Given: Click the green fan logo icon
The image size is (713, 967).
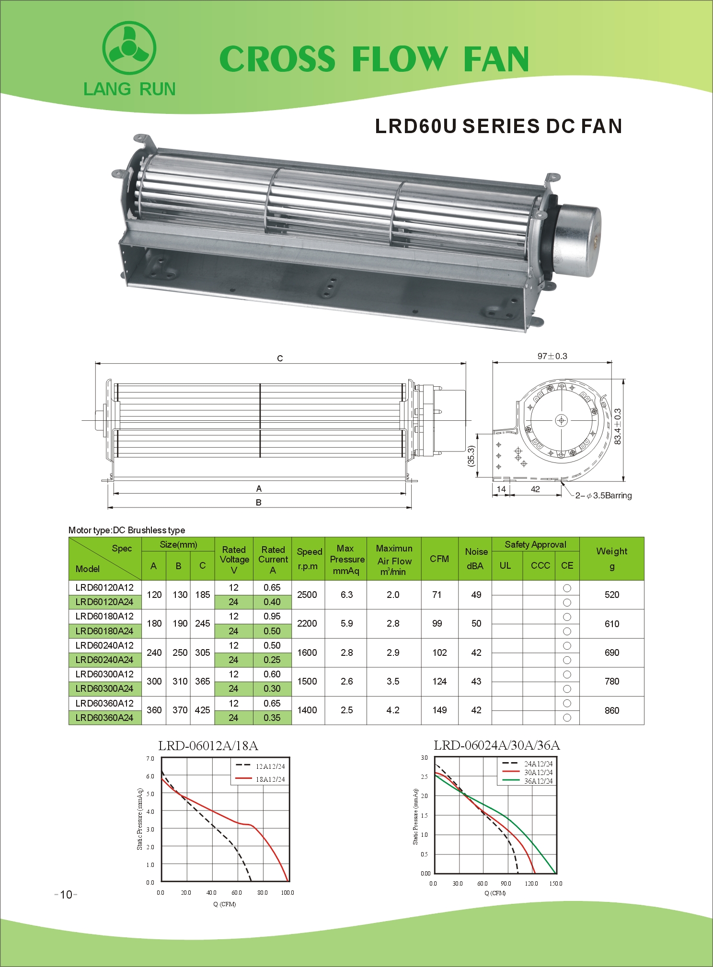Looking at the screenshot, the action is (129, 48).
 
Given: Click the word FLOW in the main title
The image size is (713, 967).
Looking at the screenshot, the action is (400, 59).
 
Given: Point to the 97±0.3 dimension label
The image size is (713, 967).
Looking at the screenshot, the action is (552, 356).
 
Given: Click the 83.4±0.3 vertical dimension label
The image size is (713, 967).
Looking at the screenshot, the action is (618, 427).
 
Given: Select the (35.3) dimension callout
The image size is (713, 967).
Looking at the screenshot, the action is (471, 455).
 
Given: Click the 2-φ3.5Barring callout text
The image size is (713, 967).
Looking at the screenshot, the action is (603, 495).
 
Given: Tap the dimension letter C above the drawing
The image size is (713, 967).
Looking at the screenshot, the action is (280, 358).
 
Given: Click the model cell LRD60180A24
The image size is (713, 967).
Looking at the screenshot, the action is (104, 631).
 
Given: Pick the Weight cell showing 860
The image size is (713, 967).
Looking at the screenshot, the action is (612, 710).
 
